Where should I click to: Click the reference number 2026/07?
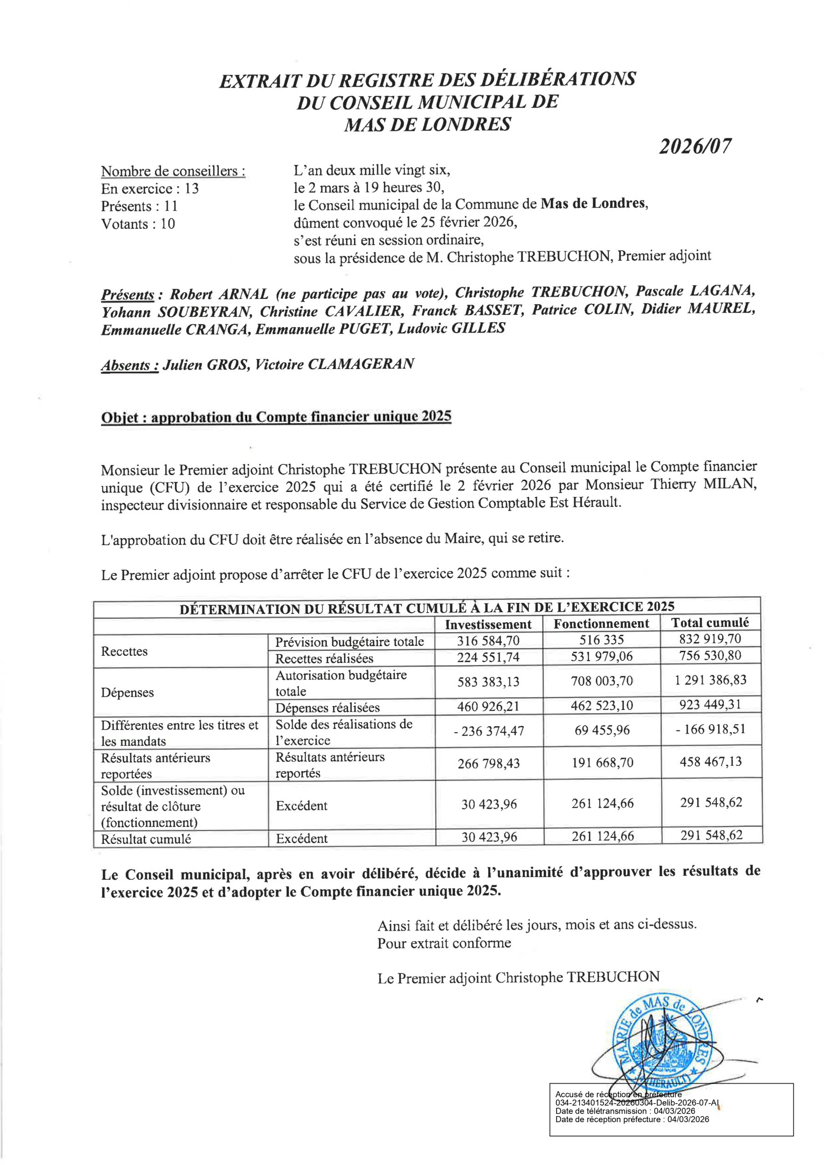(x=695, y=147)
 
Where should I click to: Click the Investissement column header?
(x=488, y=624)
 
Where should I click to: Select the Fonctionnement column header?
(x=601, y=623)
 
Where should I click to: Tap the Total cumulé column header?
(x=710, y=623)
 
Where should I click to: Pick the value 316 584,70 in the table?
(x=488, y=641)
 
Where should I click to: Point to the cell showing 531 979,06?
(x=602, y=657)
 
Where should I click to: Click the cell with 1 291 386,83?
(x=710, y=680)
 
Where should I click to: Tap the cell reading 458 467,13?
(x=710, y=762)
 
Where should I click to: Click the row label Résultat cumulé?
(x=146, y=839)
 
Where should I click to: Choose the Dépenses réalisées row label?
(x=327, y=707)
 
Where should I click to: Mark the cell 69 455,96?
(x=602, y=730)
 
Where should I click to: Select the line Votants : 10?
(x=138, y=224)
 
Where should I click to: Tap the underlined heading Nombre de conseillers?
(x=173, y=172)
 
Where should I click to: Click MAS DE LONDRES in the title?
(x=427, y=124)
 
